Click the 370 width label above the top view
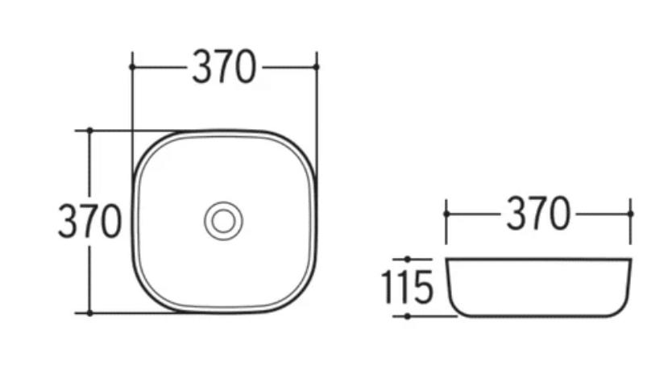[x=224, y=67]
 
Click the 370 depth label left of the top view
[x=90, y=221]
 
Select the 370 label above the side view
[x=538, y=213]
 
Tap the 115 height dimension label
[x=408, y=287]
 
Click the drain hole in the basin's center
[x=223, y=221]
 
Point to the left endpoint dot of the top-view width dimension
[x=132, y=67]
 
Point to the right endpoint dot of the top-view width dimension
[x=317, y=67]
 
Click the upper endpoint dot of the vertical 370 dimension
[x=89, y=130]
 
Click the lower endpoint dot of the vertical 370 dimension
[x=89, y=314]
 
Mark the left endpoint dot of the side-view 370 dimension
[x=446, y=214]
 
